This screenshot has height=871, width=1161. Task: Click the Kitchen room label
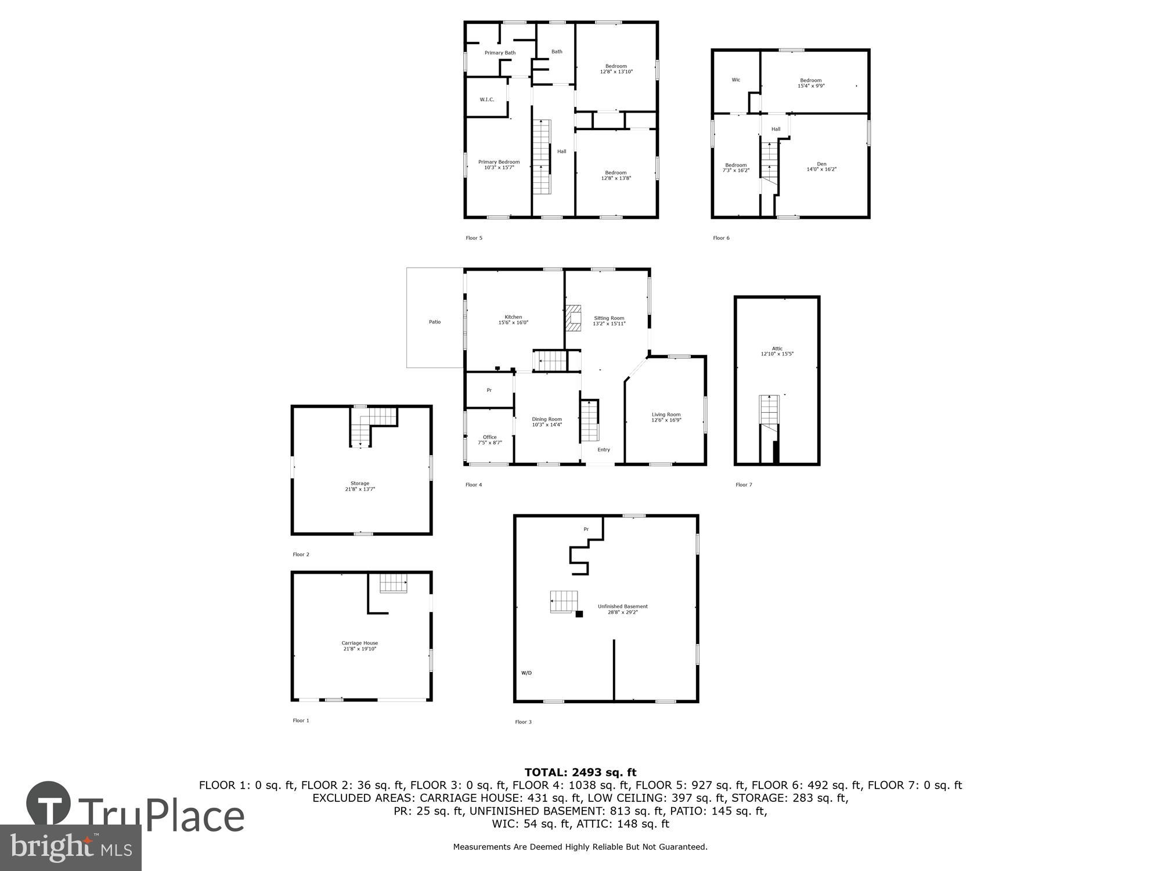coord(513,317)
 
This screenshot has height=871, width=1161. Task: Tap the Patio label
coord(435,322)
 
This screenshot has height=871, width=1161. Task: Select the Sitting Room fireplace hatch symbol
coord(574,318)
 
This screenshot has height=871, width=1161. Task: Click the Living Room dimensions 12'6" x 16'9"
coord(666,420)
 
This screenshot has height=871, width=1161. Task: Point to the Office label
coord(489,437)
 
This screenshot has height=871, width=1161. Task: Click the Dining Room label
coord(547,419)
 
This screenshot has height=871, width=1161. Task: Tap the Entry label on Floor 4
coord(604,449)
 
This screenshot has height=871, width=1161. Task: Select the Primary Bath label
coord(500,53)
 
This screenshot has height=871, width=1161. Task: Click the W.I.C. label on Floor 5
coord(486,100)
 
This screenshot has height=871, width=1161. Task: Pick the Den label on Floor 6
coord(821,164)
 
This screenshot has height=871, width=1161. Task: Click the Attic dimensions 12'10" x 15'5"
coord(777,354)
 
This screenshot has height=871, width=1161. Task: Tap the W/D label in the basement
coord(526,673)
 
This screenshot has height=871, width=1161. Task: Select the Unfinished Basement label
coord(622,606)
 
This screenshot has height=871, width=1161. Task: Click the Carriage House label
coord(359,643)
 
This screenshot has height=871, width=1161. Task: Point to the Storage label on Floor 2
coord(359,483)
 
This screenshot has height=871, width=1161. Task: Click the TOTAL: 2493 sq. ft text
coord(580,772)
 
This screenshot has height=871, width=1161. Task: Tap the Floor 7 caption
coord(744,485)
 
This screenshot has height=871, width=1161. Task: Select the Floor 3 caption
coord(523,722)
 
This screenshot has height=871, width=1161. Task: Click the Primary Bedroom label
coord(499,162)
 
